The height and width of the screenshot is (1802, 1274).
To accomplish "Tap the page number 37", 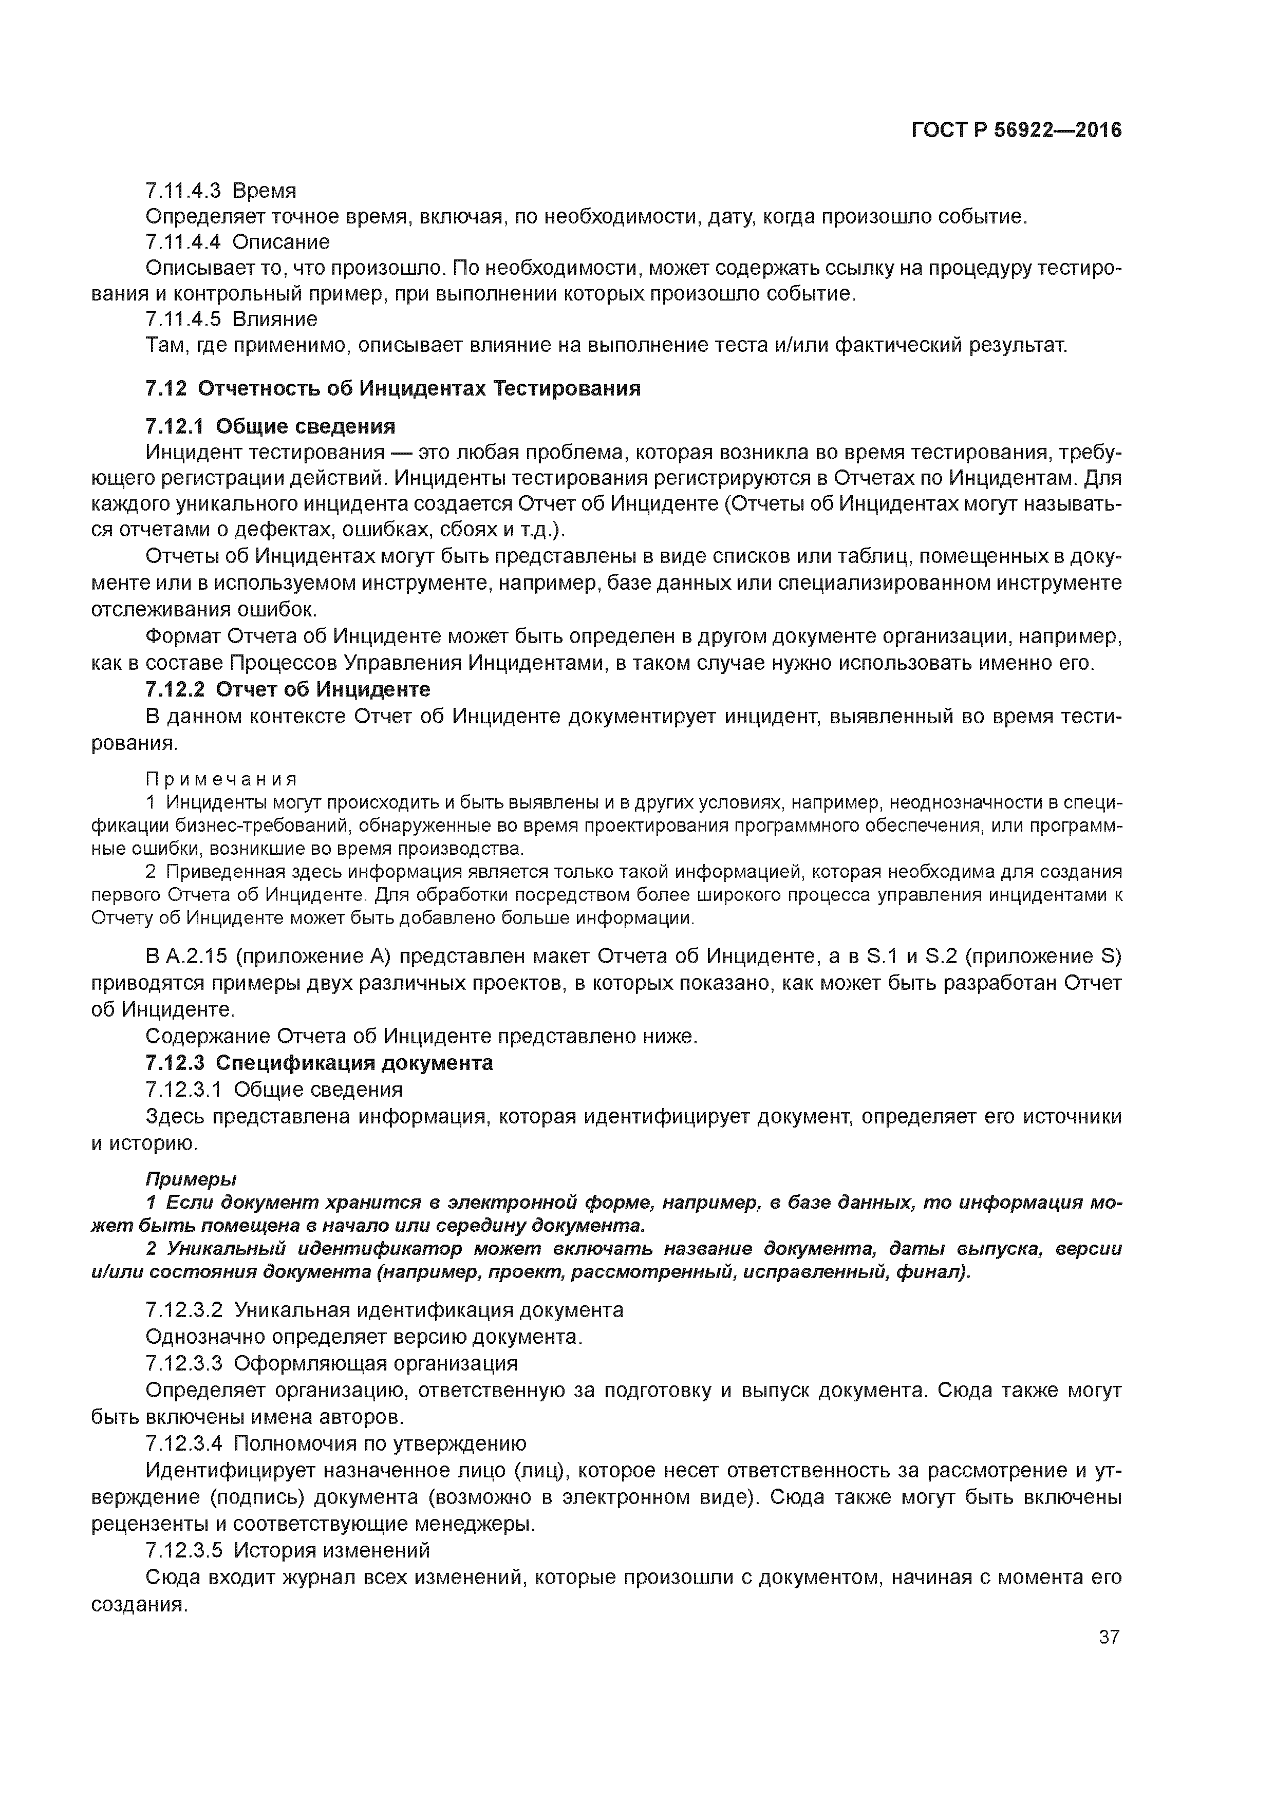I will (1109, 1637).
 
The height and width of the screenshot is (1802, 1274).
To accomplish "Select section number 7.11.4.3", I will (182, 191).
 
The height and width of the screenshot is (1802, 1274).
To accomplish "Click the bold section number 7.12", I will (165, 388).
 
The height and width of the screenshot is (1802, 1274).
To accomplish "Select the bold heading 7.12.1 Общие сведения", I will (270, 426).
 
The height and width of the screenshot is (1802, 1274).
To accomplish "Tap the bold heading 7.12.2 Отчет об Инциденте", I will (288, 689).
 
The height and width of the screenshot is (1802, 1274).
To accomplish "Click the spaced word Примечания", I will (221, 779).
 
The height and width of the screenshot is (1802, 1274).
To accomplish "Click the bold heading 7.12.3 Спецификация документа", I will (320, 1063).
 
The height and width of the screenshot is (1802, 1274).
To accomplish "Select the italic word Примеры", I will (191, 1179).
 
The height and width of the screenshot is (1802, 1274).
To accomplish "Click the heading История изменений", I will (332, 1550).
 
